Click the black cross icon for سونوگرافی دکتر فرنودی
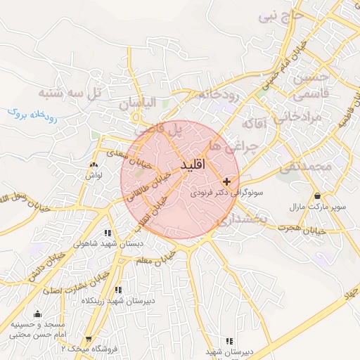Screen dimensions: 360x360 coord(226,181)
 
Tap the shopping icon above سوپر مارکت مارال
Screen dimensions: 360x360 coord(317,196)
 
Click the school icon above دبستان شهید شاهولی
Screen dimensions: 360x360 coord(107,233)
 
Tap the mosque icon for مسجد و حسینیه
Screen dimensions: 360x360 coord(37,314)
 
